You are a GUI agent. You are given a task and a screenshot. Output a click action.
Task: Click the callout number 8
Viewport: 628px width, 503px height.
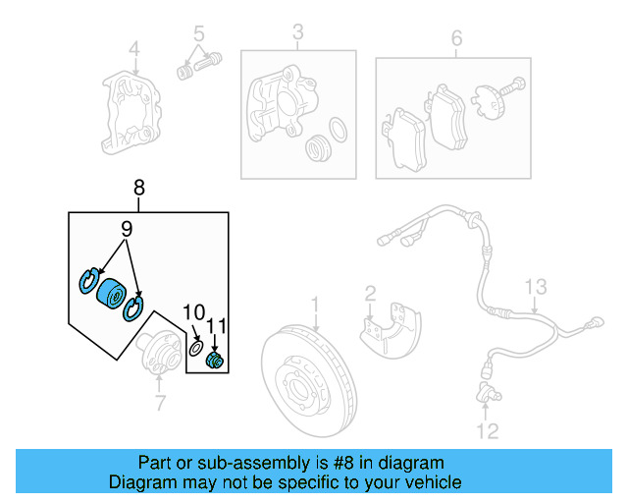[x=138, y=187]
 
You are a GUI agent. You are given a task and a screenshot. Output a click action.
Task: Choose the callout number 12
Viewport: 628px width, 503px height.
[x=488, y=430]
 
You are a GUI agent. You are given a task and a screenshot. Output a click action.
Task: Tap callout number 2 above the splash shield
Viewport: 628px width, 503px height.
[x=370, y=294]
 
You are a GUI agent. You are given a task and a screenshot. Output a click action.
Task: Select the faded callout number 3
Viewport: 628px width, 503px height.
[x=297, y=38]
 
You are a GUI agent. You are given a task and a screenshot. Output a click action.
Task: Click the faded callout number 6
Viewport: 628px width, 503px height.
[x=455, y=38]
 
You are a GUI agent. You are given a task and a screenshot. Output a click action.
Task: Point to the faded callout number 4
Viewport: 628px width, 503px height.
[x=134, y=49]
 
